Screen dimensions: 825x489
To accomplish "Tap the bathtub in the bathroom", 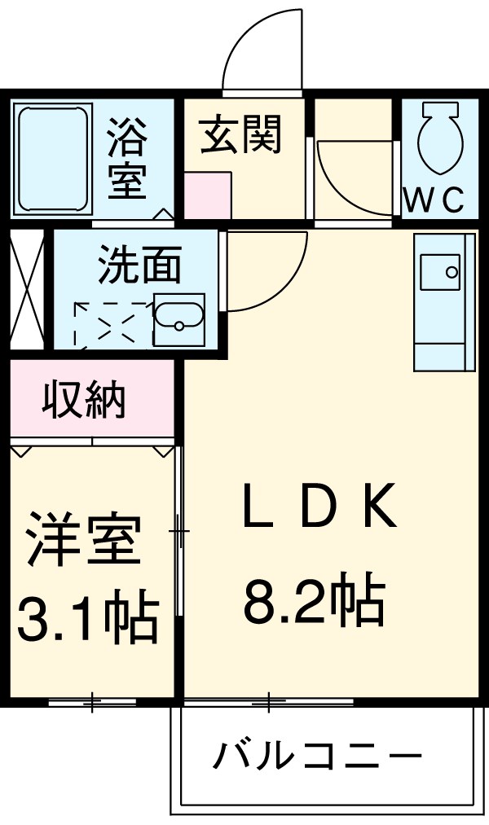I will coord(52,157).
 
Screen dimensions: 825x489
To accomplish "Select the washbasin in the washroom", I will coord(178,320).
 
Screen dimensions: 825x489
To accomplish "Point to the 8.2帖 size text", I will coord(313,603).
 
